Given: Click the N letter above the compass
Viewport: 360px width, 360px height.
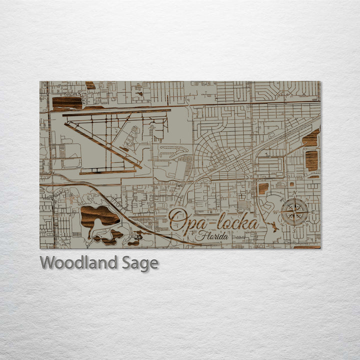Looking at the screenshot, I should coord(294,193).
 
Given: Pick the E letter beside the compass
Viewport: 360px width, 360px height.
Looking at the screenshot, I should coord(312,212).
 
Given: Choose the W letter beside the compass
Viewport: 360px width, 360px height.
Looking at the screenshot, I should coord(275,212).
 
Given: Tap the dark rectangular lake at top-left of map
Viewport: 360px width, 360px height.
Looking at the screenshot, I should coord(67,102).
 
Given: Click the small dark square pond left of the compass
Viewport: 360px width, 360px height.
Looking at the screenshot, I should coord(263,188).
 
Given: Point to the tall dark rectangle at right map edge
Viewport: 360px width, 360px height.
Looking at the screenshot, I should coord(312,160).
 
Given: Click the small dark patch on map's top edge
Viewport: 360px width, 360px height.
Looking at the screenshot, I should coord(90,85).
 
